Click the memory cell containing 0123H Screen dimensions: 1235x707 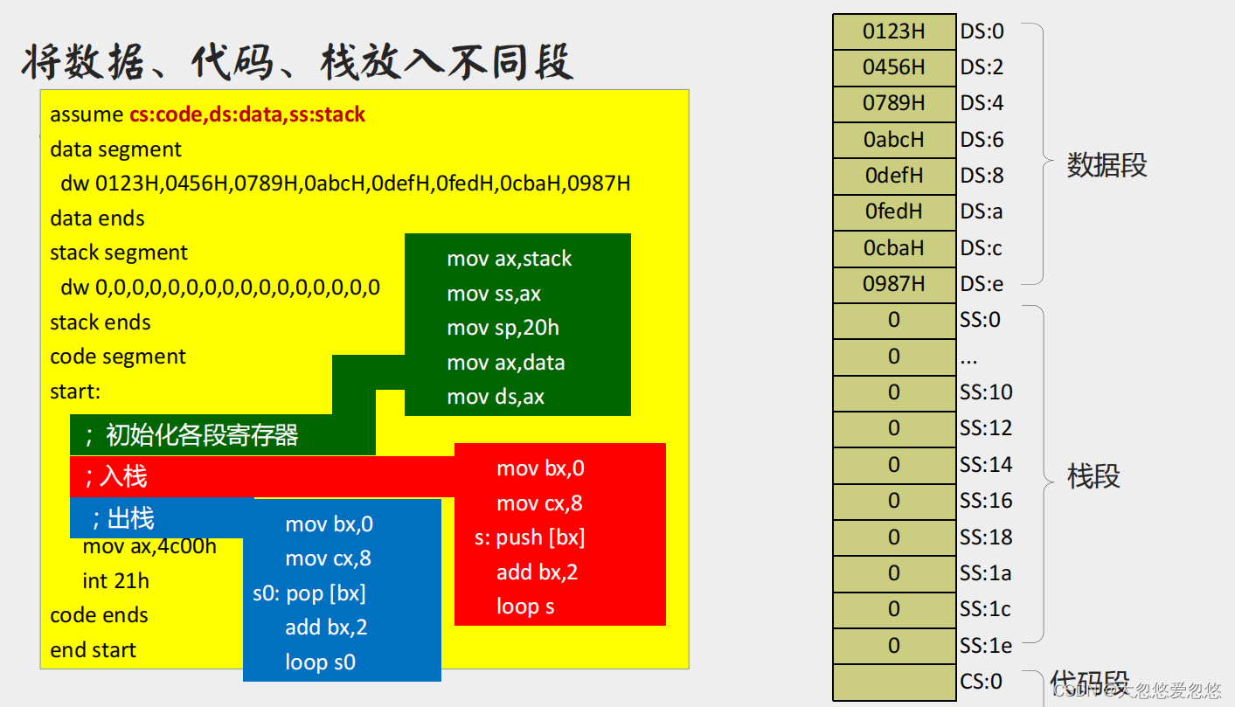pyautogui.click(x=894, y=31)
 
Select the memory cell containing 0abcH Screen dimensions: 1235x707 pyautogui.click(x=894, y=140)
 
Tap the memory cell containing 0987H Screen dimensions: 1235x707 pyautogui.click(x=894, y=284)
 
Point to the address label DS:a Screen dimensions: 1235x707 pyautogui.click(x=982, y=211)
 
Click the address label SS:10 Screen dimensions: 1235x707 pyautogui.click(x=986, y=392)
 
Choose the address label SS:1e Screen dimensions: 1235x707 pyautogui.click(x=986, y=646)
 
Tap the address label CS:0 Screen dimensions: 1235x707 pyautogui.click(x=981, y=682)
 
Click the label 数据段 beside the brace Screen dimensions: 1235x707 pyautogui.click(x=1107, y=165)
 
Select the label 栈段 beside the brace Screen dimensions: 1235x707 pyautogui.click(x=1093, y=476)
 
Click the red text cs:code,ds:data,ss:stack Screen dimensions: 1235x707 pyautogui.click(x=247, y=114)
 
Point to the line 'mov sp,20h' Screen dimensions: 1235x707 pyautogui.click(x=503, y=328)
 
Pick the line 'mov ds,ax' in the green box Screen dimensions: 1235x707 pyautogui.click(x=496, y=397)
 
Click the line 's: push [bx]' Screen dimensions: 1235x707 pyautogui.click(x=530, y=537)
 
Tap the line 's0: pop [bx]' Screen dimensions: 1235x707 pyautogui.click(x=309, y=593)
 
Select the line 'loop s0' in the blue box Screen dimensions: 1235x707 pyautogui.click(x=320, y=662)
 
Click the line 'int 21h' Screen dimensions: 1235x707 pyautogui.click(x=115, y=581)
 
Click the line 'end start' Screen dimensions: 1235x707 pyautogui.click(x=93, y=650)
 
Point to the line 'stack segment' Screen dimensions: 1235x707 pyautogui.click(x=119, y=253)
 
